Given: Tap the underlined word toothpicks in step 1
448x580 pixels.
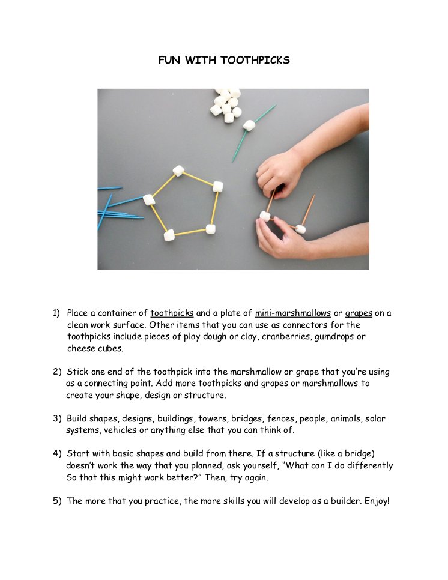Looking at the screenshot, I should tap(172, 313).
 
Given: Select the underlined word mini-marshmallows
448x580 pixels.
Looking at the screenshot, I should tap(293, 313).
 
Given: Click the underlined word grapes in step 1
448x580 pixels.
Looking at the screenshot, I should tap(359, 313).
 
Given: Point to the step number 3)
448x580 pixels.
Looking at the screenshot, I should tap(57, 418).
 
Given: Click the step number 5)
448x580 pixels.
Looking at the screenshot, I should tap(57, 501).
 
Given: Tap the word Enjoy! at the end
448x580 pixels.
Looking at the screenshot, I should tap(377, 501).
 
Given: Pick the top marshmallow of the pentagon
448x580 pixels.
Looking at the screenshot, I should tap(178, 171).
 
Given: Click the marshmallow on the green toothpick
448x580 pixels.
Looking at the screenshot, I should tap(249, 125).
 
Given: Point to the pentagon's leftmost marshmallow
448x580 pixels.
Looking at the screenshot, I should tap(148, 199).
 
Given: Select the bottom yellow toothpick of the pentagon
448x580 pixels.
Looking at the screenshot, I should tap(190, 232).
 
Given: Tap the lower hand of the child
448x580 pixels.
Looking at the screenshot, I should tap(282, 237).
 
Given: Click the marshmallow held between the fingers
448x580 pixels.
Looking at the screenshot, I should tap(265, 216).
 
